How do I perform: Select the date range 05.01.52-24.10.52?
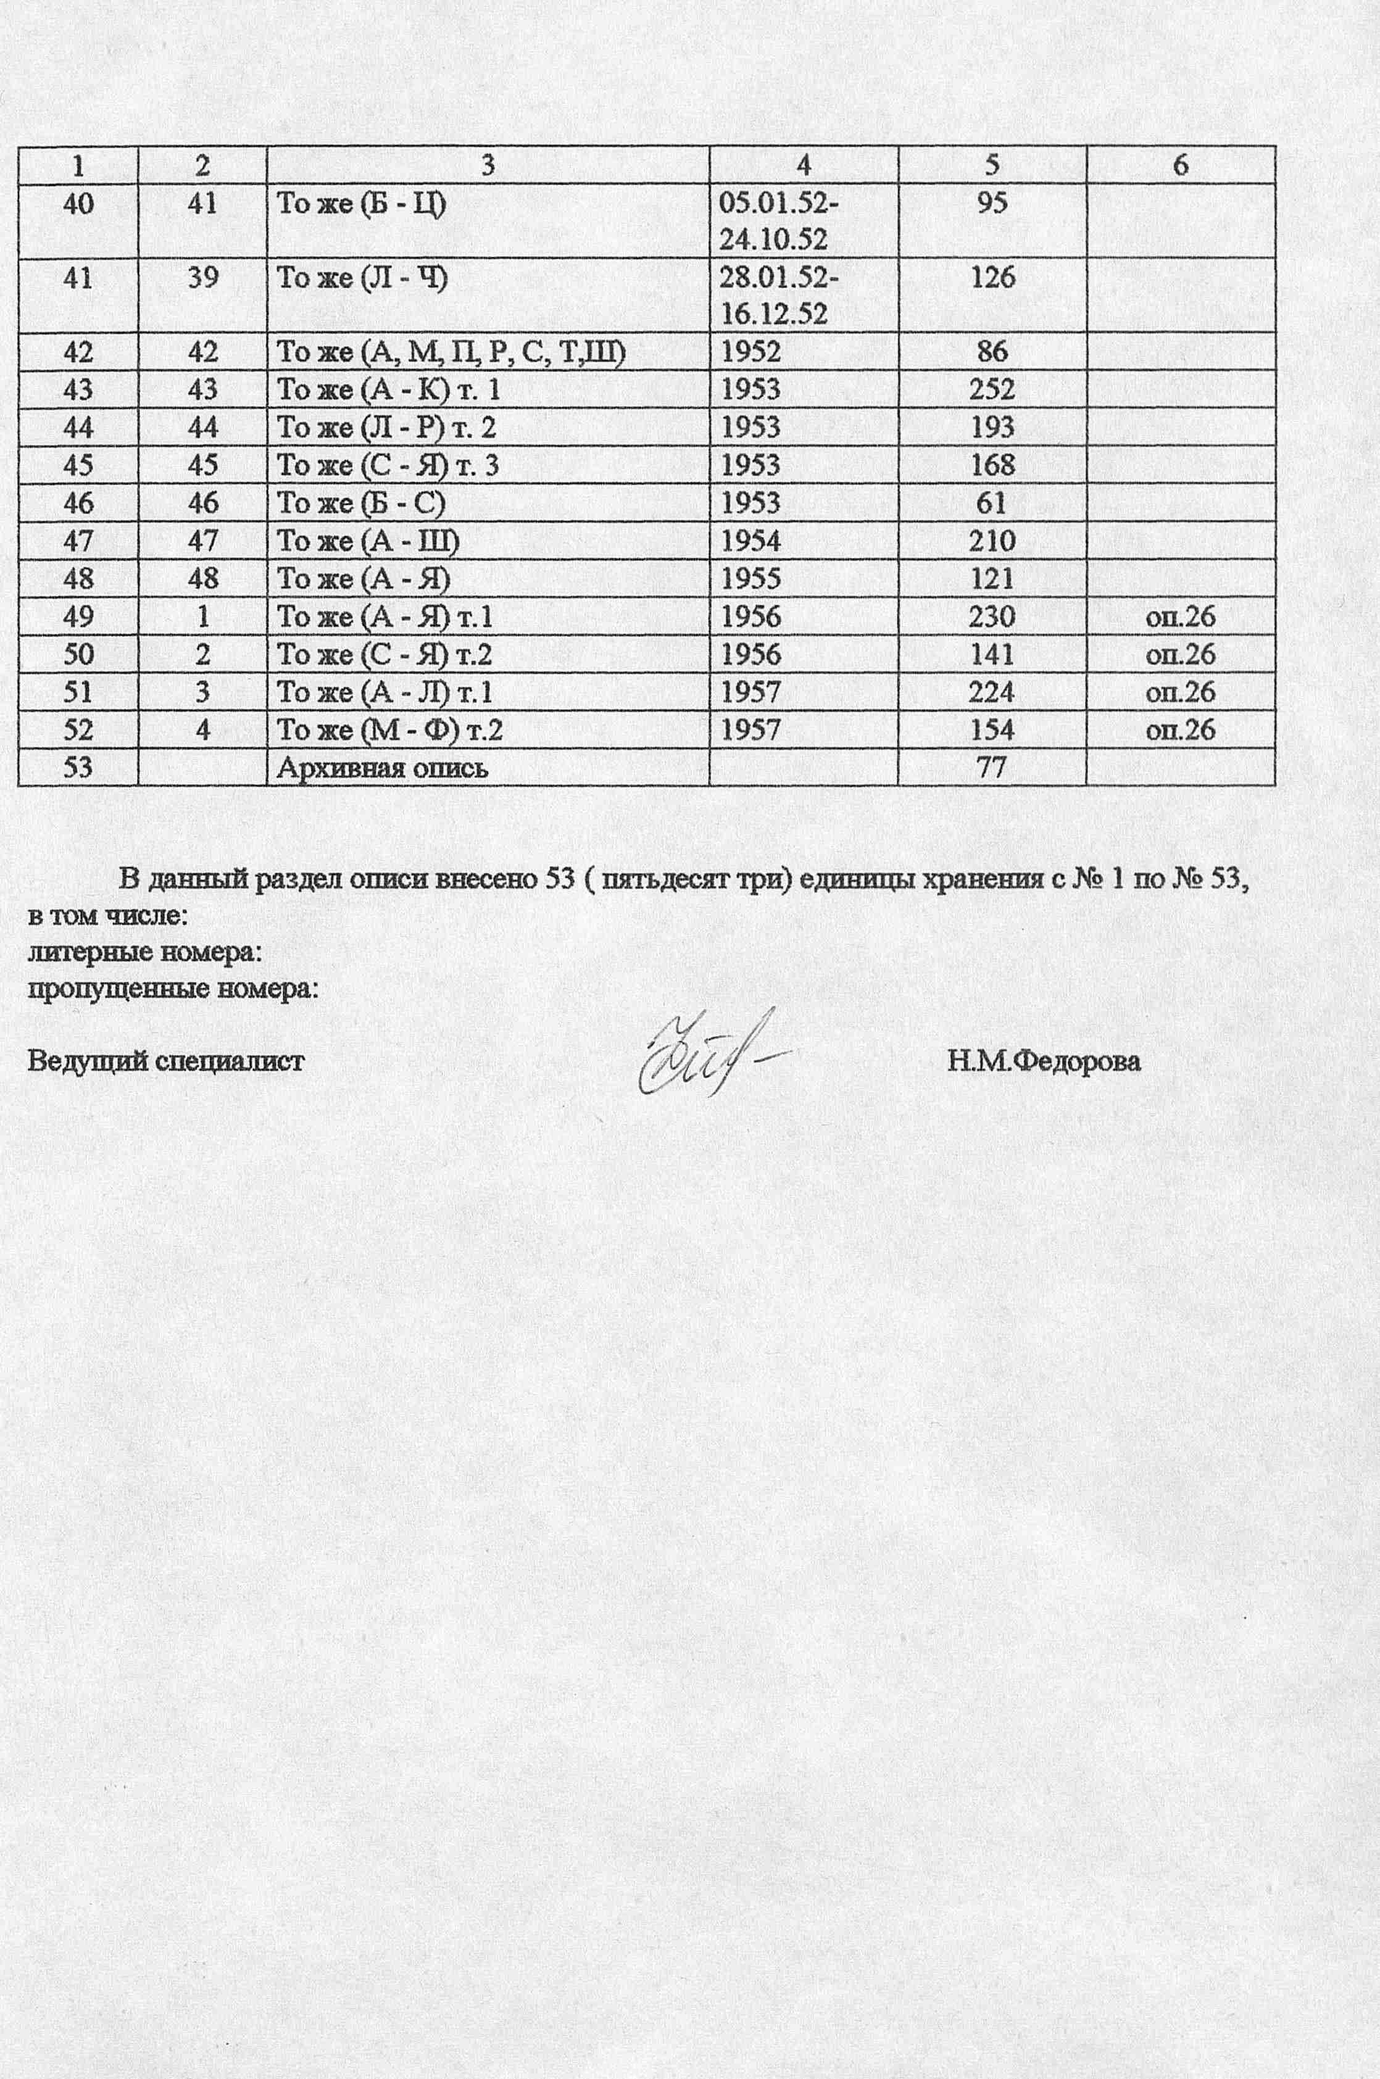(x=779, y=221)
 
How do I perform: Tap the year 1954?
(x=750, y=540)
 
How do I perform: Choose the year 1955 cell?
(x=750, y=578)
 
